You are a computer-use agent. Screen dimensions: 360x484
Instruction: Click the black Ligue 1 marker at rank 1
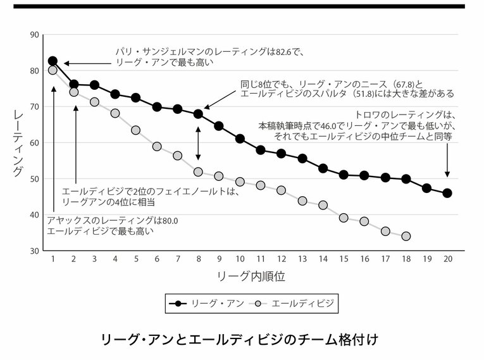pyautogui.click(x=53, y=61)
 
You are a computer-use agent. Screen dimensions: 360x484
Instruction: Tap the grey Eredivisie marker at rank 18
pyautogui.click(x=406, y=236)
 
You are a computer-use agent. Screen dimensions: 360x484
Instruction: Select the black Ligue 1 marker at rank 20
pyautogui.click(x=447, y=193)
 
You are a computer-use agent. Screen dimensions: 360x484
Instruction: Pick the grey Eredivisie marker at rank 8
pyautogui.click(x=198, y=172)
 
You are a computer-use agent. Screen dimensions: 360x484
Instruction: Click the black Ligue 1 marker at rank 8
pyautogui.click(x=198, y=115)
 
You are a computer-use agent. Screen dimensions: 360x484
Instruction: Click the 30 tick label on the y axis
pyautogui.click(x=34, y=251)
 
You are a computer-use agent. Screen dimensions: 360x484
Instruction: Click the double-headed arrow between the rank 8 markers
pyautogui.click(x=198, y=143)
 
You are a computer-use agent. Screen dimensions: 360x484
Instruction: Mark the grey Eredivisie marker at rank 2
pyautogui.click(x=74, y=92)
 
